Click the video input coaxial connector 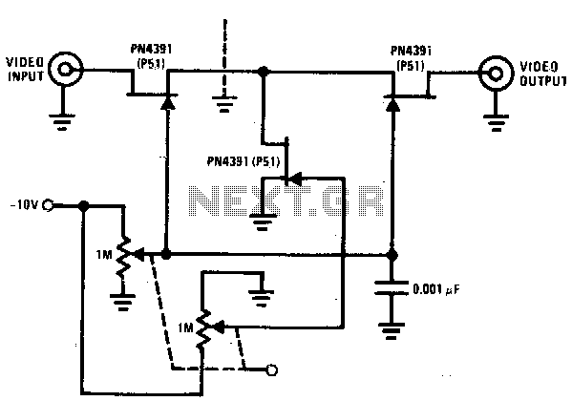point(66,70)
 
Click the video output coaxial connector point(496,74)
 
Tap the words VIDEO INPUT point(25,70)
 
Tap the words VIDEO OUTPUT point(542,74)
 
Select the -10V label point(24,205)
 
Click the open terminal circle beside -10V point(48,205)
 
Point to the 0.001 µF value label point(436,289)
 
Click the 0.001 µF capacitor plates point(392,287)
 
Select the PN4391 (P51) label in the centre point(244,161)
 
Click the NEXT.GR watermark point(286,200)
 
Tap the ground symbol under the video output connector point(496,123)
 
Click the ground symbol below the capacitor point(391,331)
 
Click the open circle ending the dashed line point(272,370)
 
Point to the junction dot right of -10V point(84,205)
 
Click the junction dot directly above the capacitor point(392,256)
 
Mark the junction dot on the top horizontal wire point(263,71)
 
